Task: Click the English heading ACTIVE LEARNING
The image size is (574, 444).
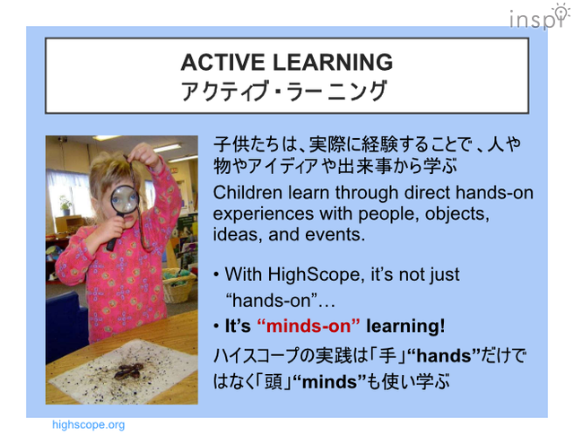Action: [286, 63]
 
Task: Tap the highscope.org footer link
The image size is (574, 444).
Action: [88, 424]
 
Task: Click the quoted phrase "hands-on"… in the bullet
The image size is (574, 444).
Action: [267, 300]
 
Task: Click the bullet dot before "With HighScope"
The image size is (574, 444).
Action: [216, 275]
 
